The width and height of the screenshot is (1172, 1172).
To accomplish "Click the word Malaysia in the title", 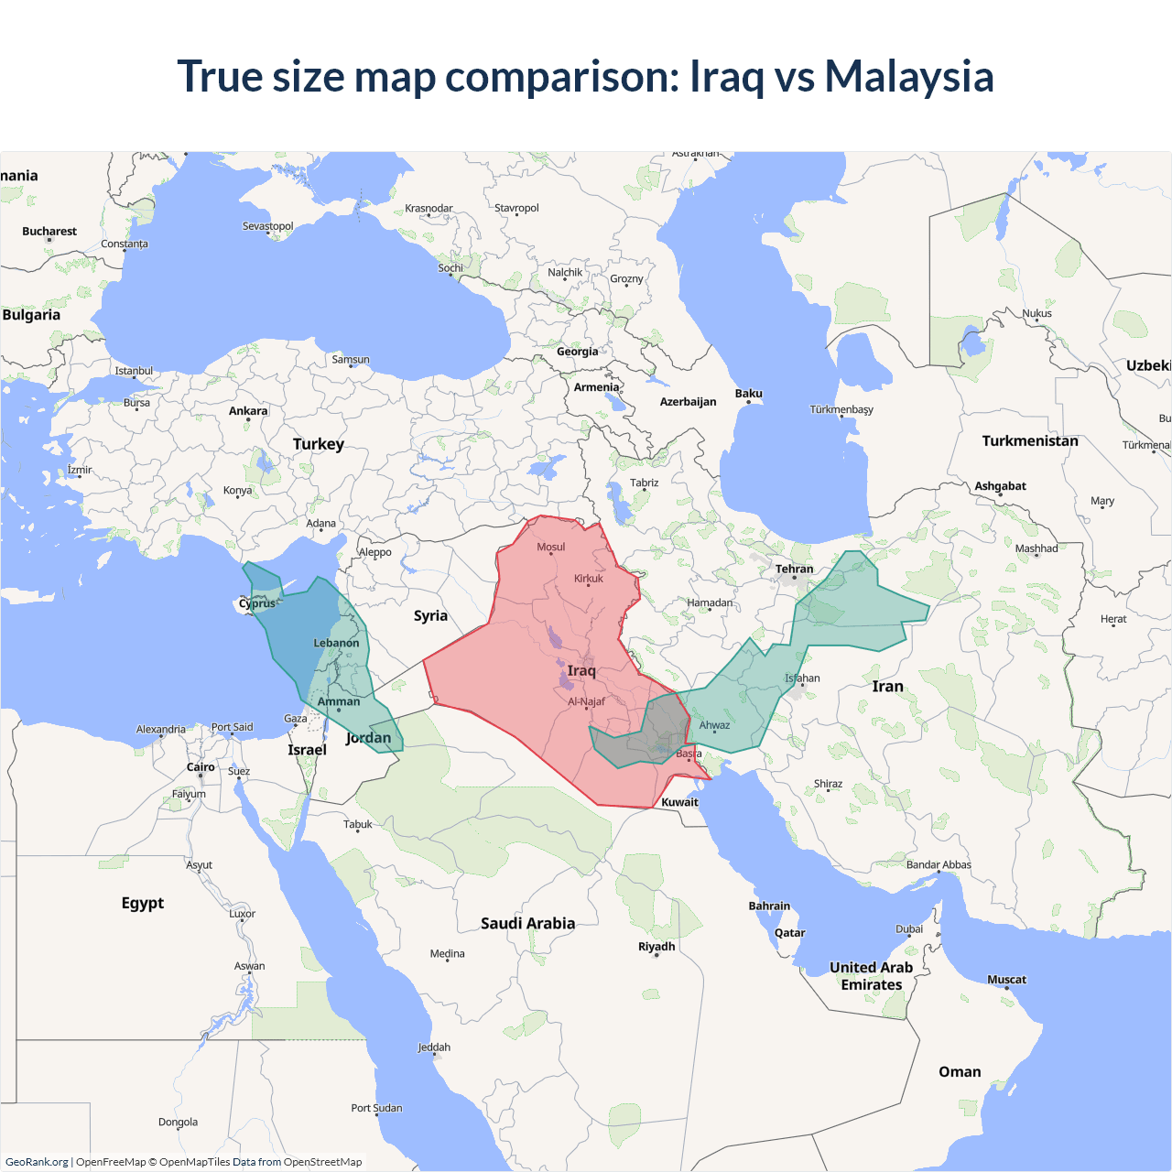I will pyautogui.click(x=908, y=76).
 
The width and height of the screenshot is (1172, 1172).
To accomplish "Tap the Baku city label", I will pyautogui.click(x=748, y=394).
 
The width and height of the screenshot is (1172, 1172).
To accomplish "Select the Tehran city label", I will pyautogui.click(x=794, y=569).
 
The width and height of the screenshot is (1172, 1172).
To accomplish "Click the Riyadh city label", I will pyautogui.click(x=657, y=947).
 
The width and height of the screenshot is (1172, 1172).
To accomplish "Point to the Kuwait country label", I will pyautogui.click(x=679, y=802).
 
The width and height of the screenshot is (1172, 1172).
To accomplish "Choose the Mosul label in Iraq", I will pyautogui.click(x=550, y=547).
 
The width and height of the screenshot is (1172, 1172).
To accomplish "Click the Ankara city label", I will pyautogui.click(x=248, y=411).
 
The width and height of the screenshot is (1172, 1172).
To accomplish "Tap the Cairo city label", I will pyautogui.click(x=201, y=767).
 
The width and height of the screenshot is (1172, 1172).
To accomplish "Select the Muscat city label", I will pyautogui.click(x=1006, y=980).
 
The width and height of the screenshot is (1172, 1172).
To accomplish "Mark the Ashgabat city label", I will pyautogui.click(x=1000, y=486).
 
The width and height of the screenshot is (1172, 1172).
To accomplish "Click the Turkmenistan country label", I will pyautogui.click(x=1030, y=440).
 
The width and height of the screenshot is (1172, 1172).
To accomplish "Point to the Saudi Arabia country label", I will pyautogui.click(x=528, y=923).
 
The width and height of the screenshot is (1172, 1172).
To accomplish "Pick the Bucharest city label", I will pyautogui.click(x=49, y=232).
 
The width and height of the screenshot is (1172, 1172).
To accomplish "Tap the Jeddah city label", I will pyautogui.click(x=434, y=1047).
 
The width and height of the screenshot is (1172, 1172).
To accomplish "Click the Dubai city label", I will pyautogui.click(x=909, y=928).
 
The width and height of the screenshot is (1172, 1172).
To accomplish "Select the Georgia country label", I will pyautogui.click(x=577, y=352).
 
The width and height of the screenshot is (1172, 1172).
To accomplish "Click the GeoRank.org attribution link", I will pyautogui.click(x=37, y=1162).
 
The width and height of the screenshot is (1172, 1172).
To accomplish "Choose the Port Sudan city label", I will pyautogui.click(x=376, y=1108).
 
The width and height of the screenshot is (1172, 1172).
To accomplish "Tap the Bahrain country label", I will pyautogui.click(x=769, y=906).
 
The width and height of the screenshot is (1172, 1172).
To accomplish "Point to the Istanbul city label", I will pyautogui.click(x=134, y=371).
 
